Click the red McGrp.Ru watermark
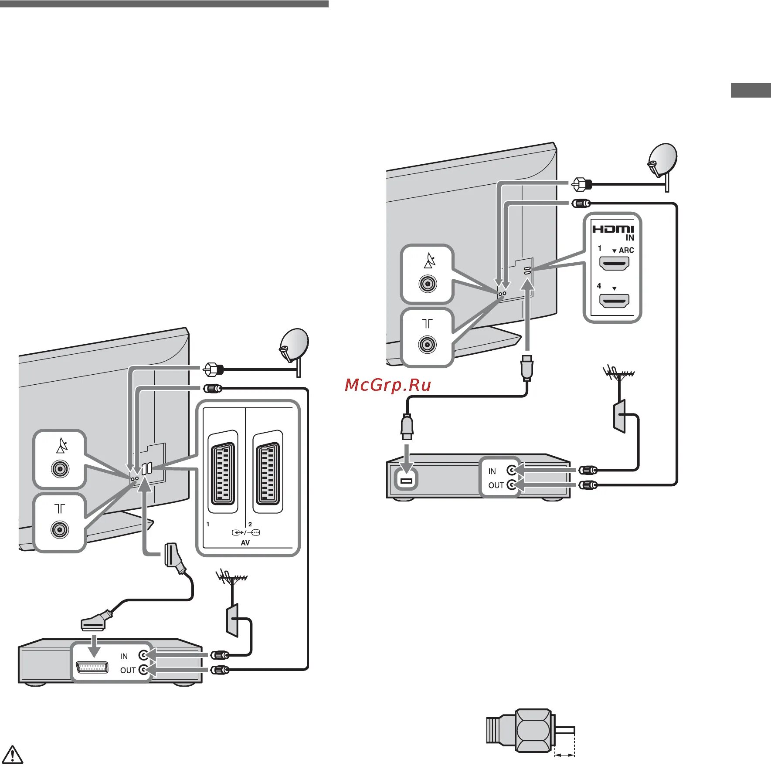387,385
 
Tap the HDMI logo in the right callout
612,229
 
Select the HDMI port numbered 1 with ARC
614,264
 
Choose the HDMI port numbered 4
614,301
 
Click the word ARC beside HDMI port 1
626,251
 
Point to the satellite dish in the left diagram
294,344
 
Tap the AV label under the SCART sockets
245,543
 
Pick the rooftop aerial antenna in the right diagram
618,374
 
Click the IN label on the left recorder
124,656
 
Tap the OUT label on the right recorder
496,485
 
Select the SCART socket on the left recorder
92,667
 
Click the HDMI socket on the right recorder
406,481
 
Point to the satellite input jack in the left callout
60,469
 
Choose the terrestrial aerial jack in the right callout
428,345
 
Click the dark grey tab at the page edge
751,90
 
